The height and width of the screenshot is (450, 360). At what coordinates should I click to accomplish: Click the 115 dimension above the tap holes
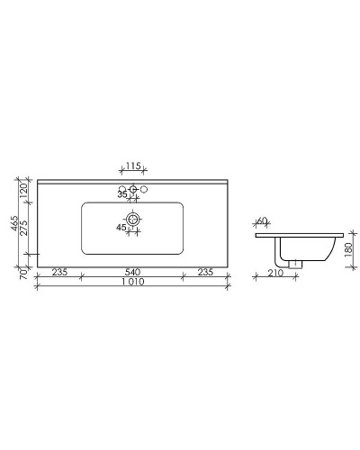pyautogui.click(x=132, y=166)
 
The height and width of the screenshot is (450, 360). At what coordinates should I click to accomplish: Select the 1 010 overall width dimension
pyautogui.click(x=131, y=283)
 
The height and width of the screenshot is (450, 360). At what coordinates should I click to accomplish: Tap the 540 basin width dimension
pyautogui.click(x=131, y=272)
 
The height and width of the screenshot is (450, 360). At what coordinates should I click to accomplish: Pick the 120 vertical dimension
pyautogui.click(x=25, y=190)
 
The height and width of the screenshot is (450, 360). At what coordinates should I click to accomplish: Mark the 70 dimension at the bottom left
pyautogui.click(x=25, y=269)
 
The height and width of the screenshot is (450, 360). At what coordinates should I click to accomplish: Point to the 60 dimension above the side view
pyautogui.click(x=263, y=220)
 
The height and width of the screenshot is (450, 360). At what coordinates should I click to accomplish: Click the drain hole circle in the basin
pyautogui.click(x=133, y=219)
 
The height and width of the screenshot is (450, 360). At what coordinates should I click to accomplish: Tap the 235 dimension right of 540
pyautogui.click(x=205, y=272)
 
